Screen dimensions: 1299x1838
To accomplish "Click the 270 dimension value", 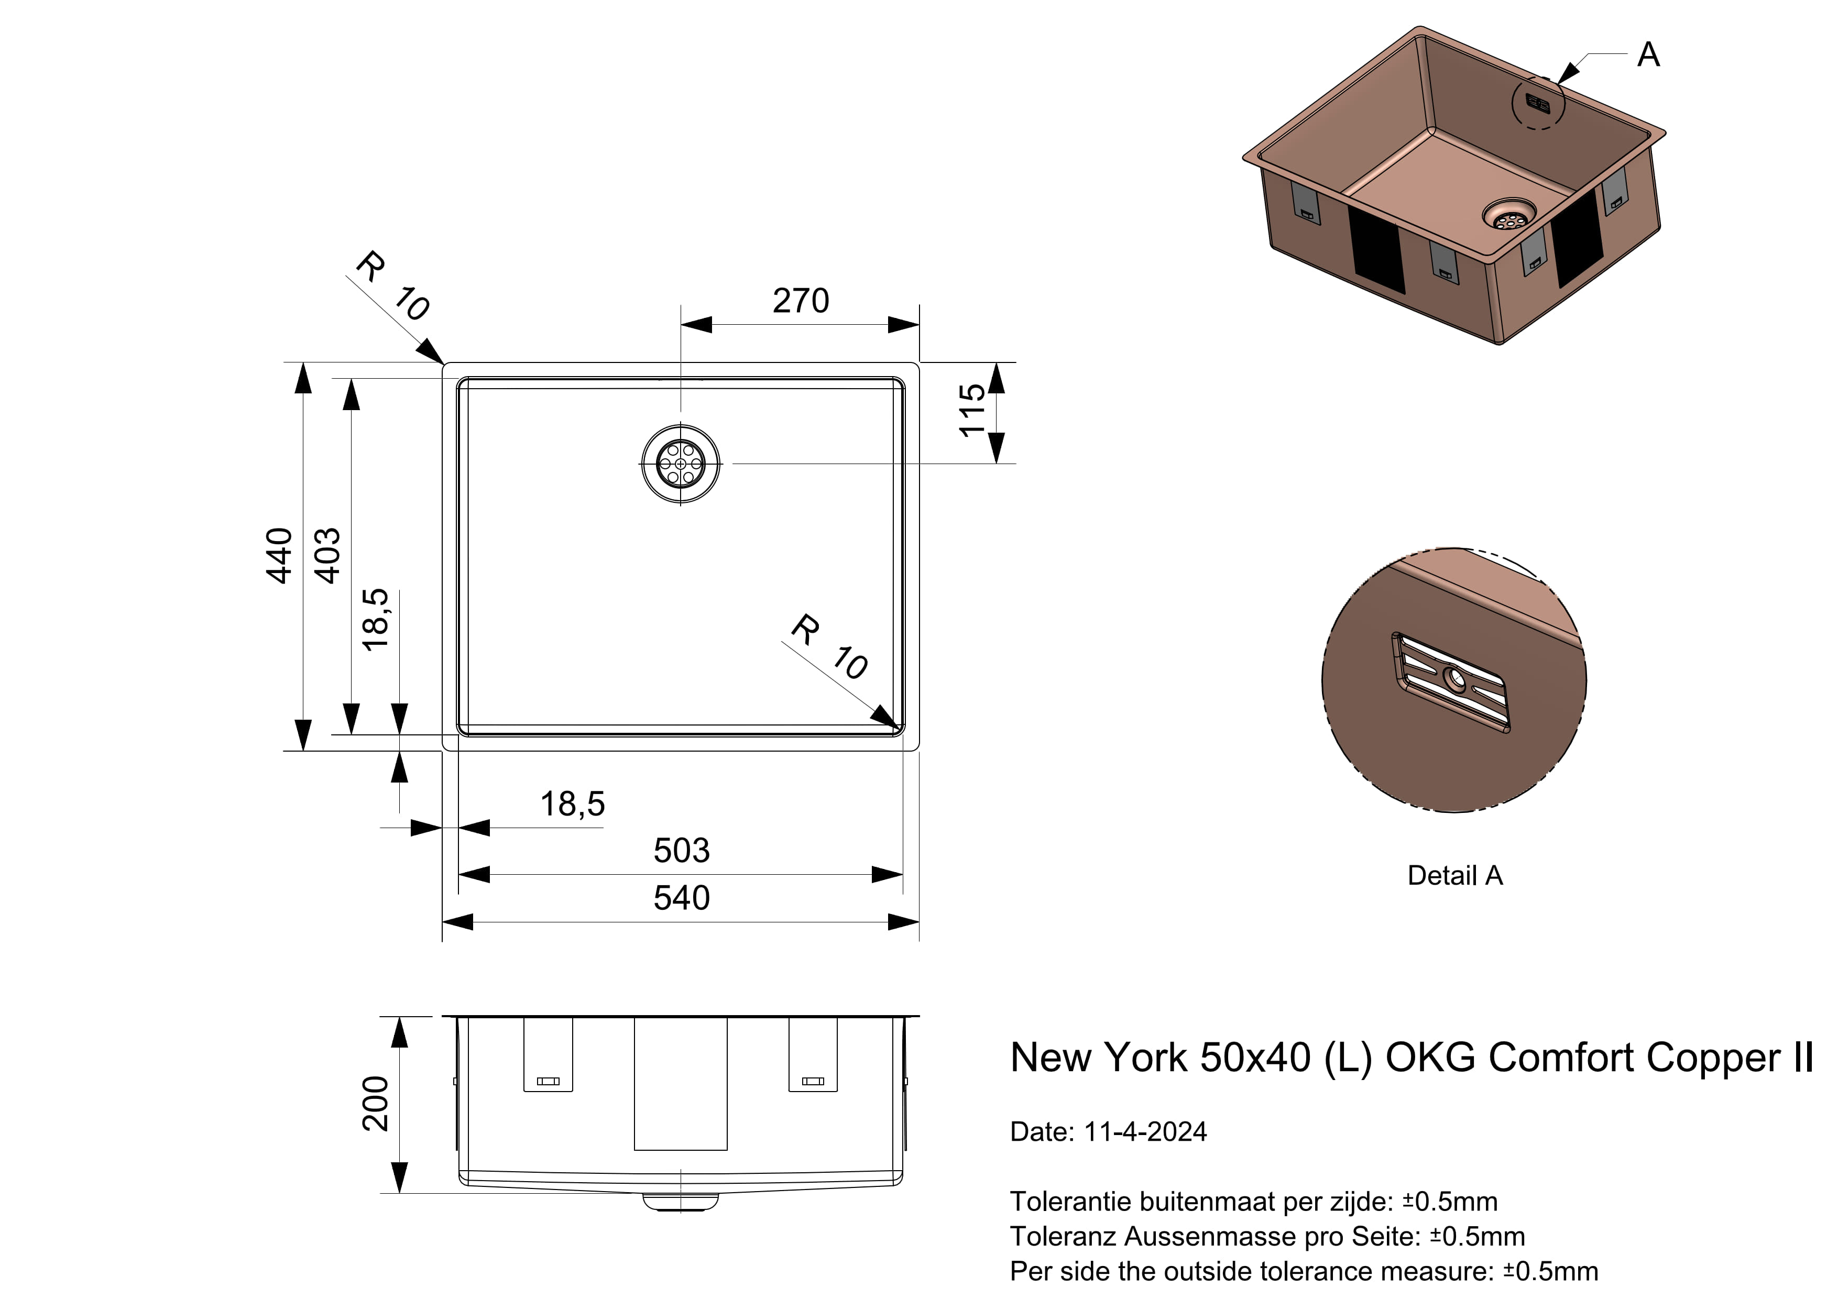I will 801,301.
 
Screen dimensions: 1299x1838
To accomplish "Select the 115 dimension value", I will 972,411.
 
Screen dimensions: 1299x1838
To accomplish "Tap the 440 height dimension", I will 279,555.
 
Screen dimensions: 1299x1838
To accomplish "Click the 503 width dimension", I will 681,851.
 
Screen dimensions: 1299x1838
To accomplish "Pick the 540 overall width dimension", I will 681,898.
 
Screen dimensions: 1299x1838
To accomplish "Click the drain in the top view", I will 681,464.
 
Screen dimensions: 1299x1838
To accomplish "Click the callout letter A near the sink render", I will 1648,55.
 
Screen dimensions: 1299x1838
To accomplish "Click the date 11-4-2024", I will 1145,1132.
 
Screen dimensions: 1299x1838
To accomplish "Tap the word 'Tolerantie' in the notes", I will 1070,1202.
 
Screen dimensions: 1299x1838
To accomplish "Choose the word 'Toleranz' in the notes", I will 1063,1237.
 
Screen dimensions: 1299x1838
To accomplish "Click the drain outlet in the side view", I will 681,1202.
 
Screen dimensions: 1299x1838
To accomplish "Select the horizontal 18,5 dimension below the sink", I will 572,803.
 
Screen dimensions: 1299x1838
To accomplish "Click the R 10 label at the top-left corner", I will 392,286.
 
